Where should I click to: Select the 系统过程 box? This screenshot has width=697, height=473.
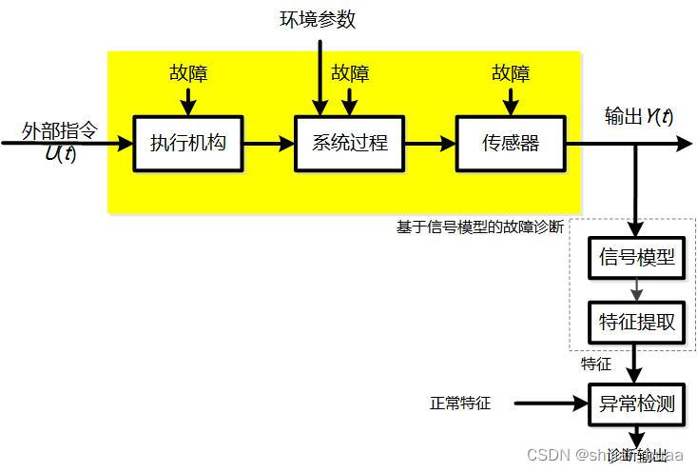click(350, 144)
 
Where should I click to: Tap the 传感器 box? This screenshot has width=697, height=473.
click(511, 144)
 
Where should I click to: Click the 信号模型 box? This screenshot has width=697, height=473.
click(637, 257)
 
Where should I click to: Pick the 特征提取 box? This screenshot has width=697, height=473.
click(637, 322)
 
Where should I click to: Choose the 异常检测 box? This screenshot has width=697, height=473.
click(637, 403)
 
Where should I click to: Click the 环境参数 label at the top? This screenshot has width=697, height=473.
click(318, 18)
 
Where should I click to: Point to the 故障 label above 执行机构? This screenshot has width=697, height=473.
click(189, 73)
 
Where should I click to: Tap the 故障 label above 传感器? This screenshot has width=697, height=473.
click(511, 73)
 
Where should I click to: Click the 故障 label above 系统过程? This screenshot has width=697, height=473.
click(350, 73)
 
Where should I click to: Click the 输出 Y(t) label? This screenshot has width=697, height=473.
click(639, 116)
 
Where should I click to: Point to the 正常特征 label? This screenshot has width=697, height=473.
click(460, 403)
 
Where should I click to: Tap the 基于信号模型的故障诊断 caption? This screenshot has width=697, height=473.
click(480, 227)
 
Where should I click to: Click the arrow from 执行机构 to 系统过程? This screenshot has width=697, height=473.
click(269, 144)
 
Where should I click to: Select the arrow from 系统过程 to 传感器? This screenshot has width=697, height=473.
click(431, 144)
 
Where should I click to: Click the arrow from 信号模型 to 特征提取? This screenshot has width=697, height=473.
click(637, 289)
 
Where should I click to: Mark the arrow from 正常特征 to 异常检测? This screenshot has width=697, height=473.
click(552, 403)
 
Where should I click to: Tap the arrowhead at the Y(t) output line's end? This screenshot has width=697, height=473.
click(685, 144)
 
